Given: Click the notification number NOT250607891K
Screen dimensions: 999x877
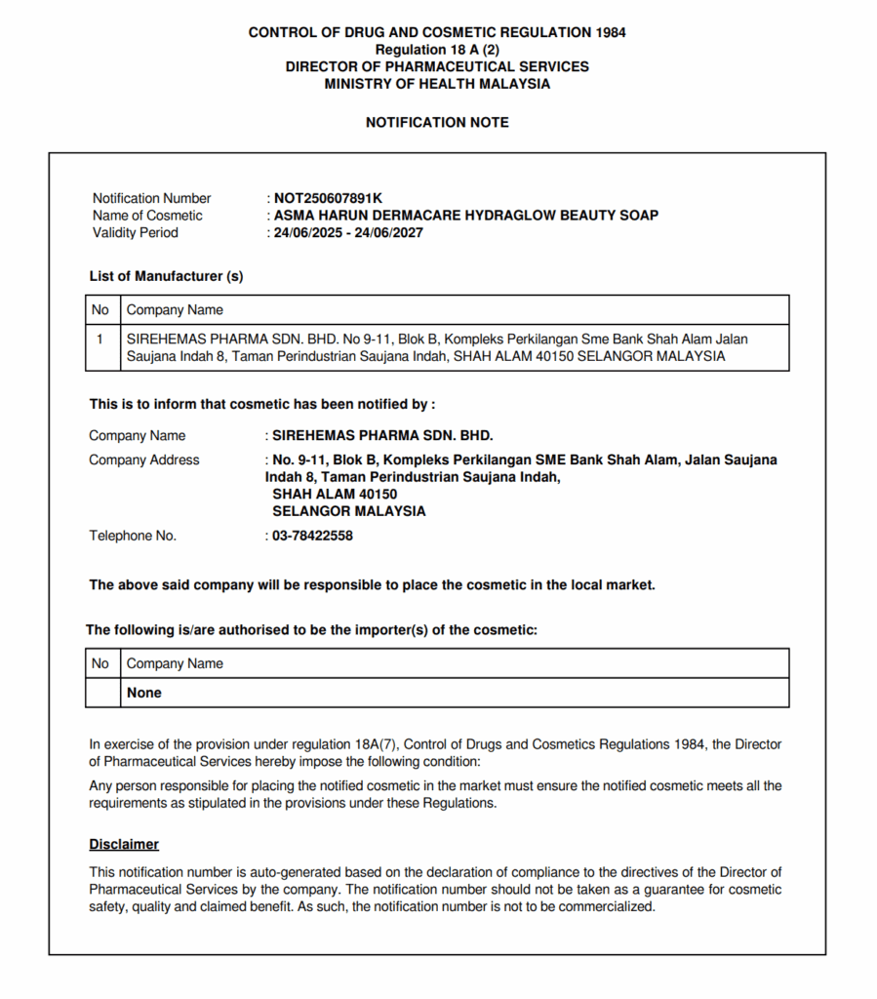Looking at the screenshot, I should click(x=328, y=198).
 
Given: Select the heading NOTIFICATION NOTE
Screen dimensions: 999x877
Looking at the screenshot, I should click(x=437, y=123).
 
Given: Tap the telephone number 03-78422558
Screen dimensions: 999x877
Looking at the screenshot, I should click(x=312, y=536).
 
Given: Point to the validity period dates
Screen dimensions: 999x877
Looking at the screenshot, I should click(x=348, y=233).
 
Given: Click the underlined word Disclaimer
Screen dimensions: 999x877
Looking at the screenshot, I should click(x=124, y=845).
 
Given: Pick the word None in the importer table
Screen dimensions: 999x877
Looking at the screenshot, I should click(x=144, y=693).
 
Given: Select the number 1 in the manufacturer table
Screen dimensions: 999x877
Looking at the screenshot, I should click(x=100, y=340).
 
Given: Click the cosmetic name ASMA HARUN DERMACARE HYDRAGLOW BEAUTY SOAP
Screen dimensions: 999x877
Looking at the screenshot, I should click(x=465, y=216).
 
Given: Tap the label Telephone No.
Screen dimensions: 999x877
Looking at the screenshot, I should click(x=133, y=536).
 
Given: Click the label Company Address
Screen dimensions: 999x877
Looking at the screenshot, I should click(x=144, y=460).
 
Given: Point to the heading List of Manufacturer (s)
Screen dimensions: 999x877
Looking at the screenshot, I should click(x=167, y=276).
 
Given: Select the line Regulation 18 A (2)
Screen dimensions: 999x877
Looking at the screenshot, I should click(x=437, y=50).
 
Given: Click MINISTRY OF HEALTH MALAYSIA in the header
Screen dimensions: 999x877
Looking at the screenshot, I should click(x=437, y=84).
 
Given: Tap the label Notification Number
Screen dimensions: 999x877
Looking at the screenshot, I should click(x=151, y=198).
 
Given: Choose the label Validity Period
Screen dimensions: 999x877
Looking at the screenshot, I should click(x=136, y=233).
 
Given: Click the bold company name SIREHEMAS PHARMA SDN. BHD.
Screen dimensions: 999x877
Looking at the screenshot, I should click(x=382, y=436).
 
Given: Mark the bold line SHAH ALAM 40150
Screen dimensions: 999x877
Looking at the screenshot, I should click(x=335, y=495).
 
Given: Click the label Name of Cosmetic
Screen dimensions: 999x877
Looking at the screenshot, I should click(x=147, y=216).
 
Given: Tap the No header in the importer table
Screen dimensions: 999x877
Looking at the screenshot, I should click(x=100, y=663).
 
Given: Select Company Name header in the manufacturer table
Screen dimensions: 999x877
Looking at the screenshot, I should click(x=175, y=310).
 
